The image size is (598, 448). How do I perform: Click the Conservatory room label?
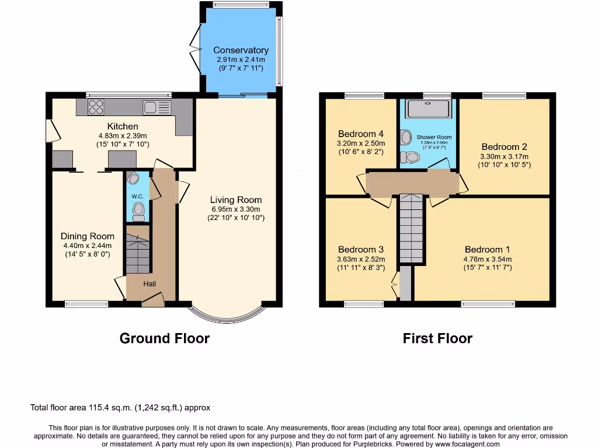click(x=241, y=50)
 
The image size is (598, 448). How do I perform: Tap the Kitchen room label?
click(x=123, y=126)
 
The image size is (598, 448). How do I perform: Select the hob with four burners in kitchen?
click(x=96, y=107)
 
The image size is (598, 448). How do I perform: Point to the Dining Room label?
click(x=88, y=236)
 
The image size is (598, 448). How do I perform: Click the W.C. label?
click(x=138, y=196)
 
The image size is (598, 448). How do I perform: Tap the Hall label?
click(x=149, y=283)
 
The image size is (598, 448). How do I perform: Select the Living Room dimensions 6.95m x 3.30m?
click(x=237, y=209)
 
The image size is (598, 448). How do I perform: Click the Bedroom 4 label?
click(x=361, y=134)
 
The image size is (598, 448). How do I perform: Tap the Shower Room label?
click(x=434, y=137)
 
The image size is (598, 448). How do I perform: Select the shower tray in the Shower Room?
click(x=429, y=108)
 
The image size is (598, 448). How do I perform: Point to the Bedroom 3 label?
click(x=360, y=250)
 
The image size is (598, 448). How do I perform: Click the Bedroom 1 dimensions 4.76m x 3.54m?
click(x=487, y=260)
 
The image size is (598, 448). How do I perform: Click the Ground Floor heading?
click(x=164, y=338)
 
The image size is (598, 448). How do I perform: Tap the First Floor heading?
click(x=437, y=338)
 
